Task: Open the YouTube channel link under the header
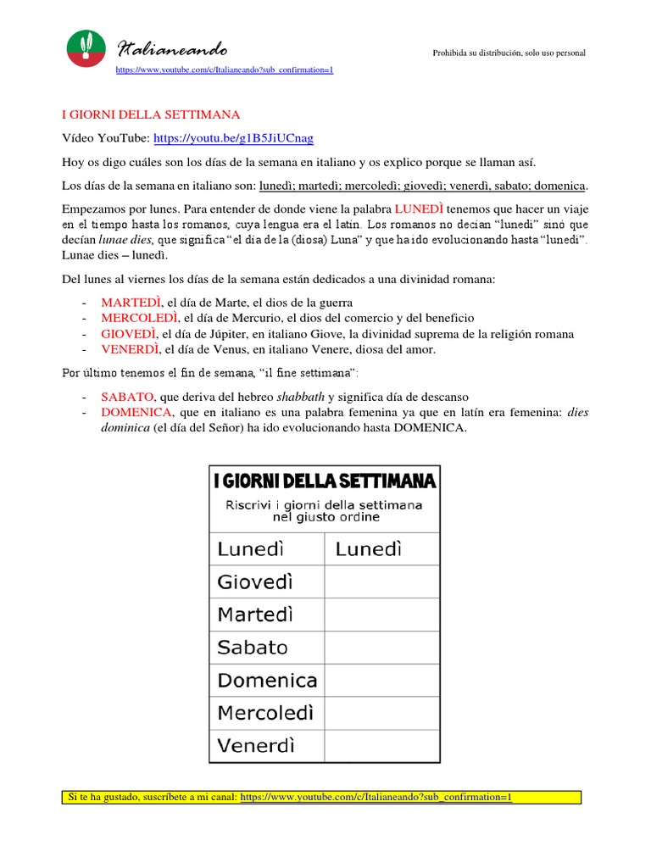click(225, 70)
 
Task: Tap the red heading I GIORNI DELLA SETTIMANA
click(152, 114)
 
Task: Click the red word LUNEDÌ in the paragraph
click(419, 209)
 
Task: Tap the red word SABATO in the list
click(127, 397)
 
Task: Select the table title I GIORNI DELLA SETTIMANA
click(325, 481)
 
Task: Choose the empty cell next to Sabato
click(381, 648)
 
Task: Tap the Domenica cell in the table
click(267, 681)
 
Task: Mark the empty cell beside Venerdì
click(381, 746)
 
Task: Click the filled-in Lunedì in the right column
click(369, 549)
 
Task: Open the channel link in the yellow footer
click(376, 798)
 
